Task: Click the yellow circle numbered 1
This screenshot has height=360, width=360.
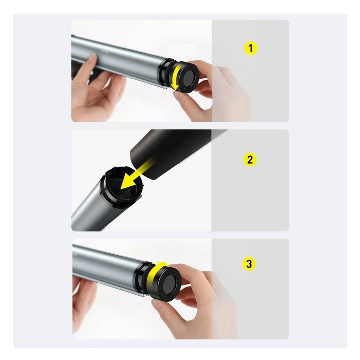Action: click(x=250, y=49)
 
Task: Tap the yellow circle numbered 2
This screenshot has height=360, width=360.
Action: click(x=250, y=159)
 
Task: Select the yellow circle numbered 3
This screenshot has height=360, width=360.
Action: click(x=249, y=264)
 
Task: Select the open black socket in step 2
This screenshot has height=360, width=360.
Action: click(x=121, y=185)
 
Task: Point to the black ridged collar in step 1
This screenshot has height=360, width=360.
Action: click(x=164, y=74)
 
